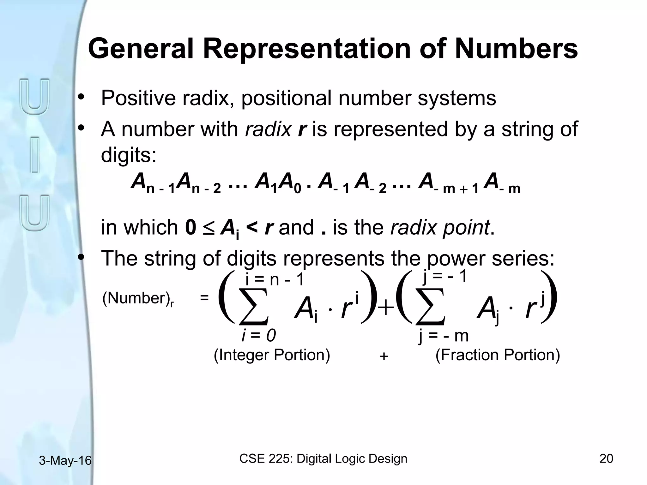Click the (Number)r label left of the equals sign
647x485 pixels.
click(138, 299)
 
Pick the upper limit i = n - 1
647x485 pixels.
click(274, 279)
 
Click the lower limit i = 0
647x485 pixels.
click(258, 335)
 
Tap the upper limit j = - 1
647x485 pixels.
click(444, 277)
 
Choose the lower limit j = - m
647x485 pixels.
click(443, 335)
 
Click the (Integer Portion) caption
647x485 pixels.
click(272, 355)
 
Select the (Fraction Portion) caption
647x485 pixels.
click(498, 355)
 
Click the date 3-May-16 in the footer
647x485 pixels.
click(65, 461)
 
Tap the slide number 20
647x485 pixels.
click(606, 458)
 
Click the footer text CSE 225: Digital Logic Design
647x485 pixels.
click(323, 458)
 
